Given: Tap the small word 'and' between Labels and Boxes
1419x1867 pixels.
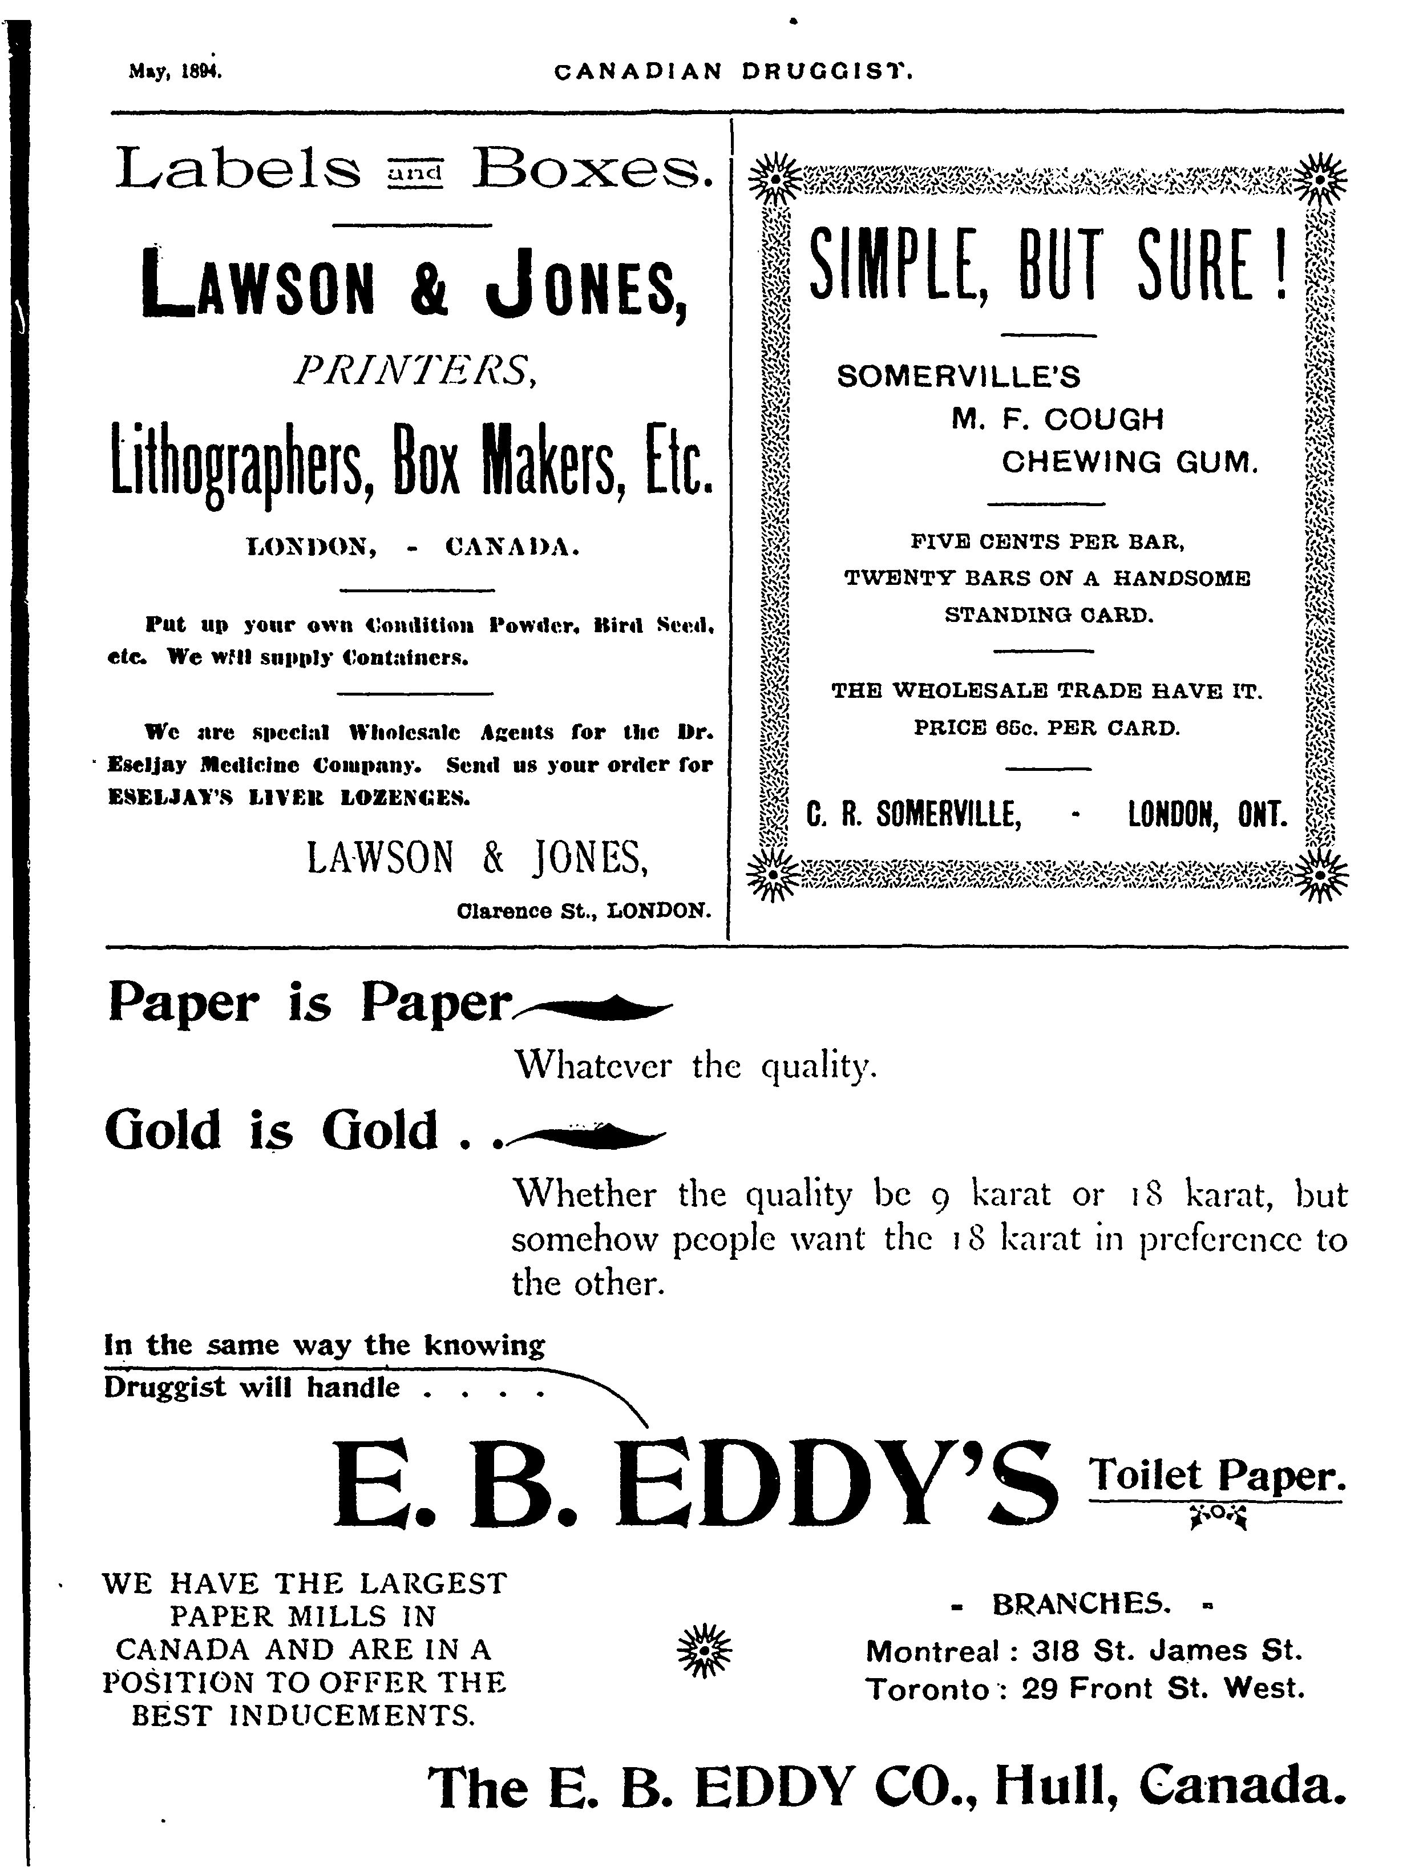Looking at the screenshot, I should click(x=415, y=173).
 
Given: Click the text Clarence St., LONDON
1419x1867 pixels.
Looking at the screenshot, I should click(x=582, y=911).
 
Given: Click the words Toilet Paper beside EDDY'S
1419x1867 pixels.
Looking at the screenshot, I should click(x=1216, y=1475).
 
